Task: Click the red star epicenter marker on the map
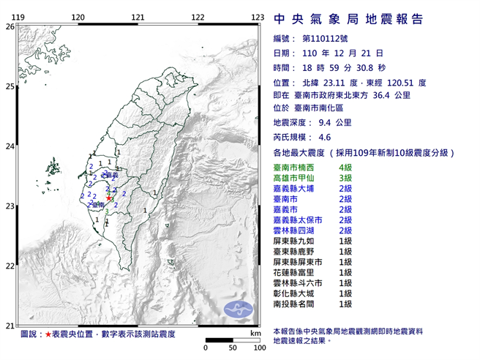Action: point(109,198)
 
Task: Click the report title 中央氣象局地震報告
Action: point(348,18)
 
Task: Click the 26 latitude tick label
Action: point(10,26)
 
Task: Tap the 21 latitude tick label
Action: point(10,326)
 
